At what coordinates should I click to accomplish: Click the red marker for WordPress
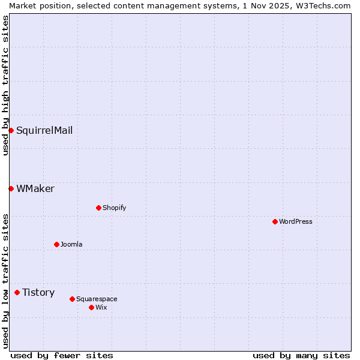(x=275, y=221)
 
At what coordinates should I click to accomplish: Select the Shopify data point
(x=98, y=208)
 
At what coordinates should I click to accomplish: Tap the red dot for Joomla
(x=56, y=244)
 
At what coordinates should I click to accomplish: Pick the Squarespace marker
(x=72, y=299)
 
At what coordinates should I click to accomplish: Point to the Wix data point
(x=91, y=307)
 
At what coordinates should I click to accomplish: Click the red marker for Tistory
(x=17, y=292)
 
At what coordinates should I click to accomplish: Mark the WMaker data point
(x=11, y=188)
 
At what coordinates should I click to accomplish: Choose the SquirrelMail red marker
(x=11, y=130)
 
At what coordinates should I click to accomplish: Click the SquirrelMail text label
(x=44, y=130)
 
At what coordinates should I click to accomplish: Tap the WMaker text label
(x=35, y=188)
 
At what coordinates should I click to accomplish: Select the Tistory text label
(x=38, y=292)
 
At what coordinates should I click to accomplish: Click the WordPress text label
(x=296, y=221)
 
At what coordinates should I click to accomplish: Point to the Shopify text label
(x=114, y=208)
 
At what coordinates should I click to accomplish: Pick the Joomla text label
(x=71, y=244)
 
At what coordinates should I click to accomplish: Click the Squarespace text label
(x=97, y=299)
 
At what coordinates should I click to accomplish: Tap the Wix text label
(x=101, y=307)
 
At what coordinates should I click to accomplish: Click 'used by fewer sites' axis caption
(x=62, y=355)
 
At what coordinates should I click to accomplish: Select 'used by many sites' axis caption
(x=301, y=355)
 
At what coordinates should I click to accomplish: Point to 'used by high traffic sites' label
(x=5, y=85)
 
